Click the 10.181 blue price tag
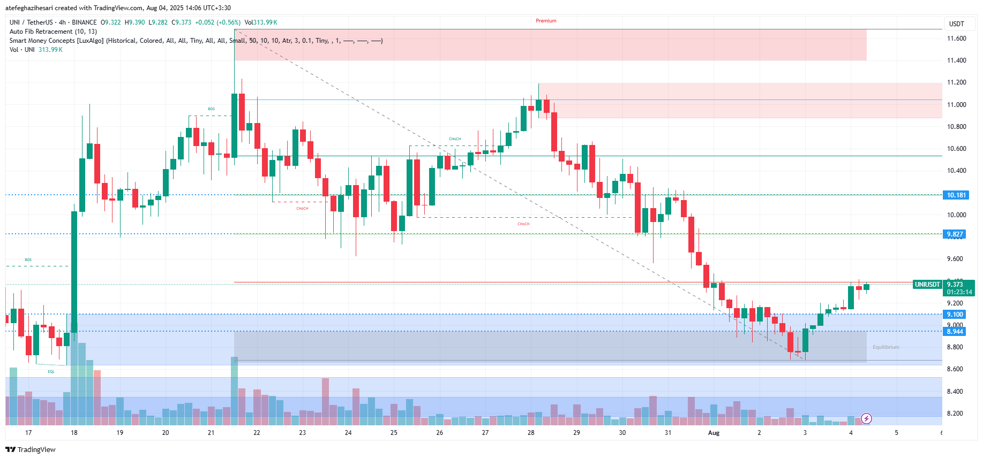tap(956, 195)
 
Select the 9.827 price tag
tap(955, 234)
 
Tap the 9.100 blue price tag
tap(955, 315)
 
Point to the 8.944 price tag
tap(955, 332)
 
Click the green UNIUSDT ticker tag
tap(927, 285)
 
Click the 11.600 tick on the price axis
tap(956, 39)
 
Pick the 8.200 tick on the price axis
tap(956, 414)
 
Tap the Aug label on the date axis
tap(714, 433)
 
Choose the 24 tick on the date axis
tap(348, 433)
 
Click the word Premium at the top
tap(546, 21)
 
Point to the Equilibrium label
tap(886, 347)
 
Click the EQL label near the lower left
tap(51, 371)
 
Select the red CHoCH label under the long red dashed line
tap(523, 224)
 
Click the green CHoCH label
tap(455, 139)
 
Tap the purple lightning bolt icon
tap(866, 418)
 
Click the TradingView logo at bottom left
tap(31, 449)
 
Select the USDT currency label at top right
tap(956, 24)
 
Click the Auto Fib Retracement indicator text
tap(53, 32)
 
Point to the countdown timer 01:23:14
tap(959, 292)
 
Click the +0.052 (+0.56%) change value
tap(217, 22)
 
